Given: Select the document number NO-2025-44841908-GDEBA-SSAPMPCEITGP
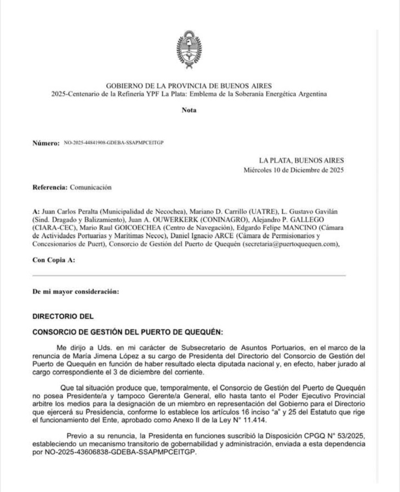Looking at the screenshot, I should (x=114, y=143).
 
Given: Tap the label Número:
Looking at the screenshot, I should (x=45, y=143).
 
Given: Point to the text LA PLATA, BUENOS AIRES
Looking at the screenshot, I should (x=302, y=161).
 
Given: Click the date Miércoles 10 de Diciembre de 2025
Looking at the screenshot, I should (x=294, y=170).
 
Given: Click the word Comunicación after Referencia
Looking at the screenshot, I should (x=90, y=188).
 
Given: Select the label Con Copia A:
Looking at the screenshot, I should (x=54, y=261).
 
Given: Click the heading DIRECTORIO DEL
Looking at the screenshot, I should (x=63, y=316).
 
